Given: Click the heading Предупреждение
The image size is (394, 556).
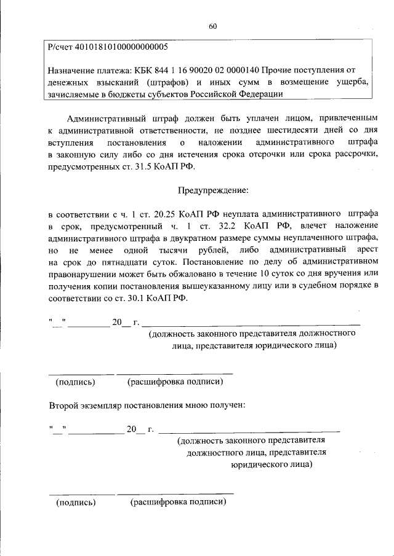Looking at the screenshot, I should click(x=214, y=190).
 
